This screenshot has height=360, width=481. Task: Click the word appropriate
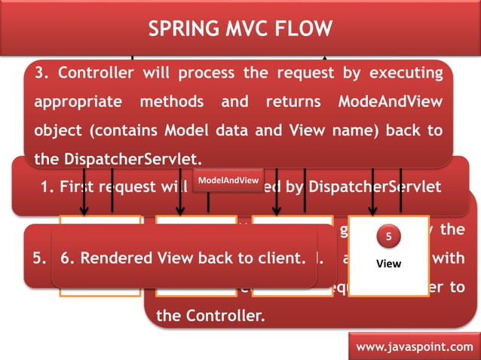tap(78, 102)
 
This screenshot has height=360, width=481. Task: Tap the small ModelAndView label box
tap(228, 181)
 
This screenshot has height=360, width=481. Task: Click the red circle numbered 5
tap(388, 238)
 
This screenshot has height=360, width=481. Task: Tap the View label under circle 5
tap(388, 264)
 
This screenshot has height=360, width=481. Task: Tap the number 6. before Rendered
tap(67, 258)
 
